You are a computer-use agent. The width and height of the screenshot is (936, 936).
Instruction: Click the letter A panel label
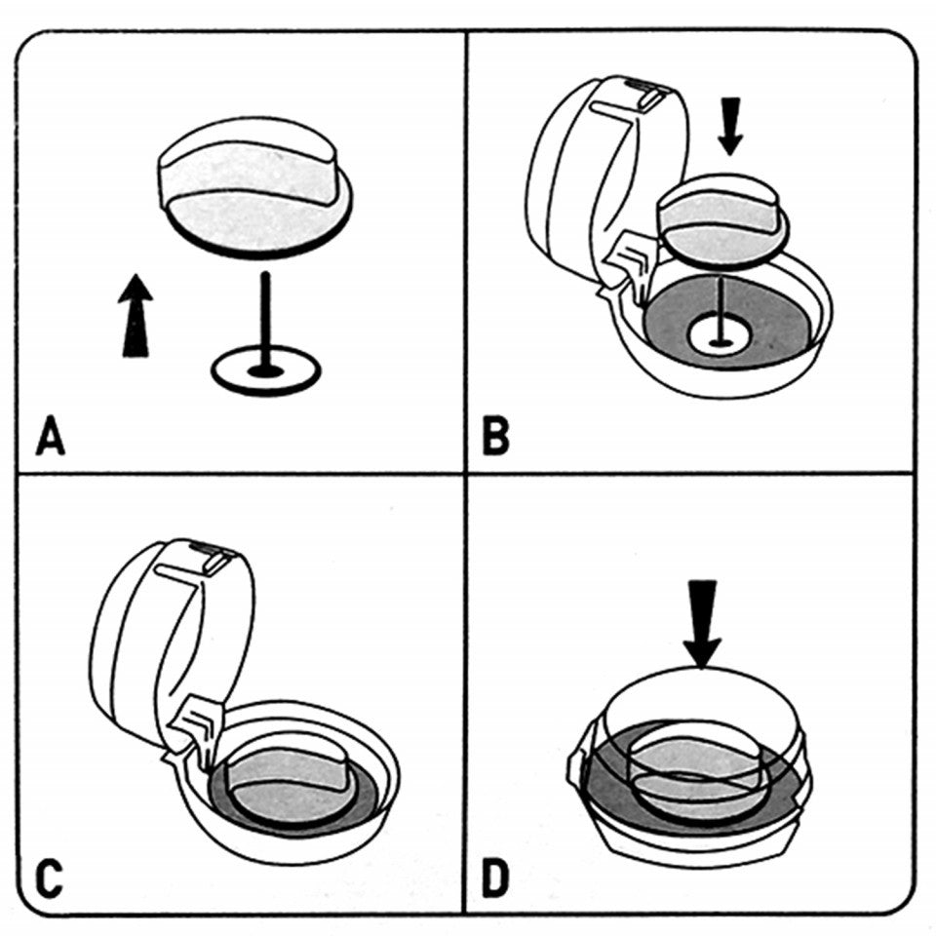(50, 437)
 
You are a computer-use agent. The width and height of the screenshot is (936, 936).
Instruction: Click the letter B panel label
(496, 437)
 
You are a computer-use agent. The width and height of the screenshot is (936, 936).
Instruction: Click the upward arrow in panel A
(136, 316)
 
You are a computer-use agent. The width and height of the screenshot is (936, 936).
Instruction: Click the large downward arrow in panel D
(702, 624)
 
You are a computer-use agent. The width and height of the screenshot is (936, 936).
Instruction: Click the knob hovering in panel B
(721, 219)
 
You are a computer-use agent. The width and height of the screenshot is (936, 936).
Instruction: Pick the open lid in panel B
(575, 175)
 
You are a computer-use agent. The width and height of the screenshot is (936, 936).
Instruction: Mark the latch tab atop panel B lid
(646, 95)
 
